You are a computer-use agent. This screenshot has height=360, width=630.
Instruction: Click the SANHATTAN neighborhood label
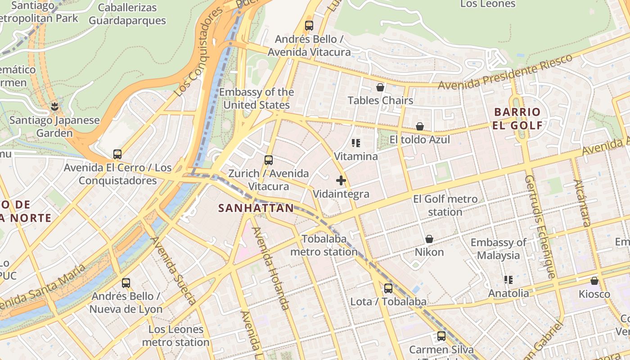pyautogui.click(x=256, y=208)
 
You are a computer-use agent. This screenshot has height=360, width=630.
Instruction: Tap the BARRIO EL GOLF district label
pyautogui.click(x=517, y=119)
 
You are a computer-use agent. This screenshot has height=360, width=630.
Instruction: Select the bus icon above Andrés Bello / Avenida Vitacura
pyautogui.click(x=309, y=26)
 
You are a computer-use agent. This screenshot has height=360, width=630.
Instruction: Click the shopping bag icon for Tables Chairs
pyautogui.click(x=380, y=87)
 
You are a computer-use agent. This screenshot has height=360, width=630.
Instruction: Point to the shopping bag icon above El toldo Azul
pyautogui.click(x=420, y=126)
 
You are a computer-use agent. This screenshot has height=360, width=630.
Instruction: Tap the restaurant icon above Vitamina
pyautogui.click(x=356, y=144)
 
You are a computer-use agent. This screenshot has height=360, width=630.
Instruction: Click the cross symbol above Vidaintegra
pyautogui.click(x=341, y=181)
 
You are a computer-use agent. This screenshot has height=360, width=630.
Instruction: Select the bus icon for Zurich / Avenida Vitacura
pyautogui.click(x=269, y=160)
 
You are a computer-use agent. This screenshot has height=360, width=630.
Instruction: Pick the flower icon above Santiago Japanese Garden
pyautogui.click(x=55, y=107)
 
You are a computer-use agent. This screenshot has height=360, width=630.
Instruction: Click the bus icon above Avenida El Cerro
pyautogui.click(x=117, y=154)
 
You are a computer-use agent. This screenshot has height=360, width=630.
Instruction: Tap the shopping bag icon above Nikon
pyautogui.click(x=429, y=239)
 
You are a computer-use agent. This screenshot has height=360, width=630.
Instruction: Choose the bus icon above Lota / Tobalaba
pyautogui.click(x=388, y=288)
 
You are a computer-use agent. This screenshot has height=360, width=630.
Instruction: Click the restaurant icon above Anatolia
pyautogui.click(x=508, y=280)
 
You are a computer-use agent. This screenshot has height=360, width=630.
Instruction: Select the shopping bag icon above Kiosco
pyautogui.click(x=594, y=281)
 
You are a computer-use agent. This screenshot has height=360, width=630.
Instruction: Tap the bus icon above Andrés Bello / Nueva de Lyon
pyautogui.click(x=126, y=283)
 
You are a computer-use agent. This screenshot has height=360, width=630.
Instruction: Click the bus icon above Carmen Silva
pyautogui.click(x=441, y=336)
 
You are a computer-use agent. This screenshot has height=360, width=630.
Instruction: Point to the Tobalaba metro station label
pyautogui.click(x=324, y=245)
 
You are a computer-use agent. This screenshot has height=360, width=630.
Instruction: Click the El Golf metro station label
pyautogui.click(x=445, y=205)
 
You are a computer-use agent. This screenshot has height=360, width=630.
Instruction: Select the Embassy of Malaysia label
pyautogui.click(x=498, y=249)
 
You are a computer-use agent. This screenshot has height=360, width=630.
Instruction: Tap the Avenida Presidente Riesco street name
pyautogui.click(x=505, y=72)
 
